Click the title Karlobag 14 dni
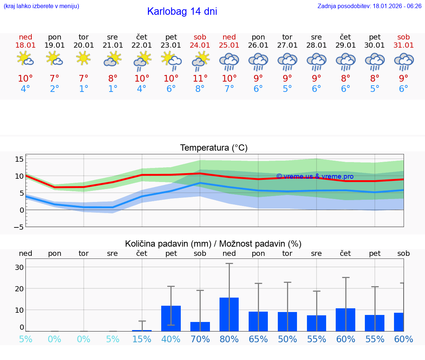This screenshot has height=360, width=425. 182,11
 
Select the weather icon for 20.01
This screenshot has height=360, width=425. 84,58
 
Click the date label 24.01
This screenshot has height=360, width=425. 200,45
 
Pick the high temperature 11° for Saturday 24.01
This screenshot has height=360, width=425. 200,78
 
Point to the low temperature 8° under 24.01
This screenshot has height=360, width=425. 200,89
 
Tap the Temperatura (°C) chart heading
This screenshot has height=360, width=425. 214,148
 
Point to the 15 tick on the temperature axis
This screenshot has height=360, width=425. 19,159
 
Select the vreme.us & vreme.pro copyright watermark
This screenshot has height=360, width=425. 315,176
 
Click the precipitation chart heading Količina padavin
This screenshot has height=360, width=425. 213,244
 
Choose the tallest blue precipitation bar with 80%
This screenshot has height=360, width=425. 229,314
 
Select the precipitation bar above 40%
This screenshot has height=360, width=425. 171,318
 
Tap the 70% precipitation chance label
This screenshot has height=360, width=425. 200,339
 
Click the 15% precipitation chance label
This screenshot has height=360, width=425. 142,339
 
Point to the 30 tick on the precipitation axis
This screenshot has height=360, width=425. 19,267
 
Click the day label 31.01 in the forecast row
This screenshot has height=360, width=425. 404,45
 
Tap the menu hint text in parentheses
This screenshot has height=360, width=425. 41,6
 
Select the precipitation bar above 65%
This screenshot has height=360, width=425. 258,321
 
